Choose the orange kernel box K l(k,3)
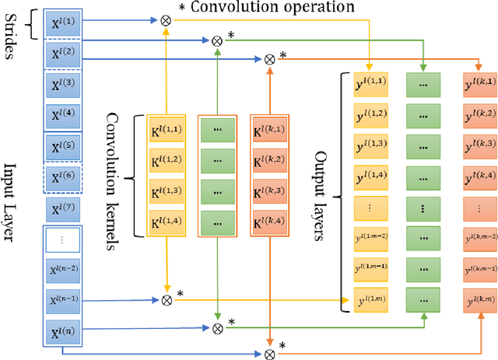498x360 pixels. coord(269,190)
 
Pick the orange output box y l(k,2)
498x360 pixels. coord(480,114)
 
